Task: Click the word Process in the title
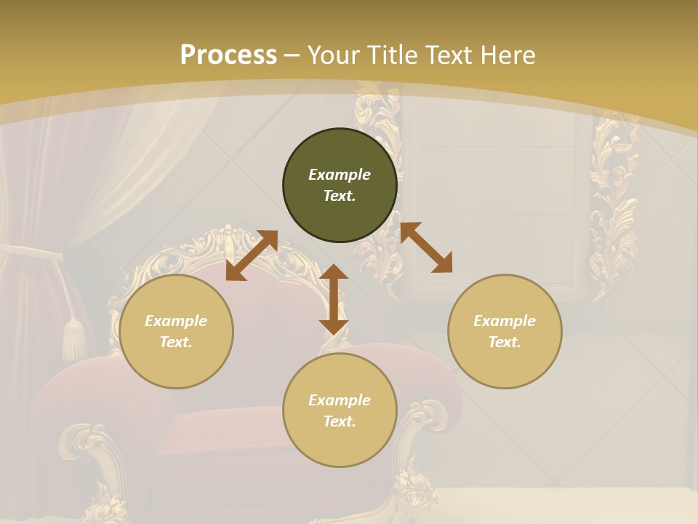click(x=228, y=55)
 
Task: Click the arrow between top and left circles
click(x=252, y=255)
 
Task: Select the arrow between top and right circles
click(x=426, y=247)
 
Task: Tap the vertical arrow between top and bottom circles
click(x=334, y=299)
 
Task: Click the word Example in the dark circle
click(x=340, y=175)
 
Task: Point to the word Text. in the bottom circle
click(x=340, y=421)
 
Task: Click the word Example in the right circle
click(x=505, y=321)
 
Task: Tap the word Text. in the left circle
click(x=176, y=342)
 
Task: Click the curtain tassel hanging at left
click(x=73, y=338)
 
